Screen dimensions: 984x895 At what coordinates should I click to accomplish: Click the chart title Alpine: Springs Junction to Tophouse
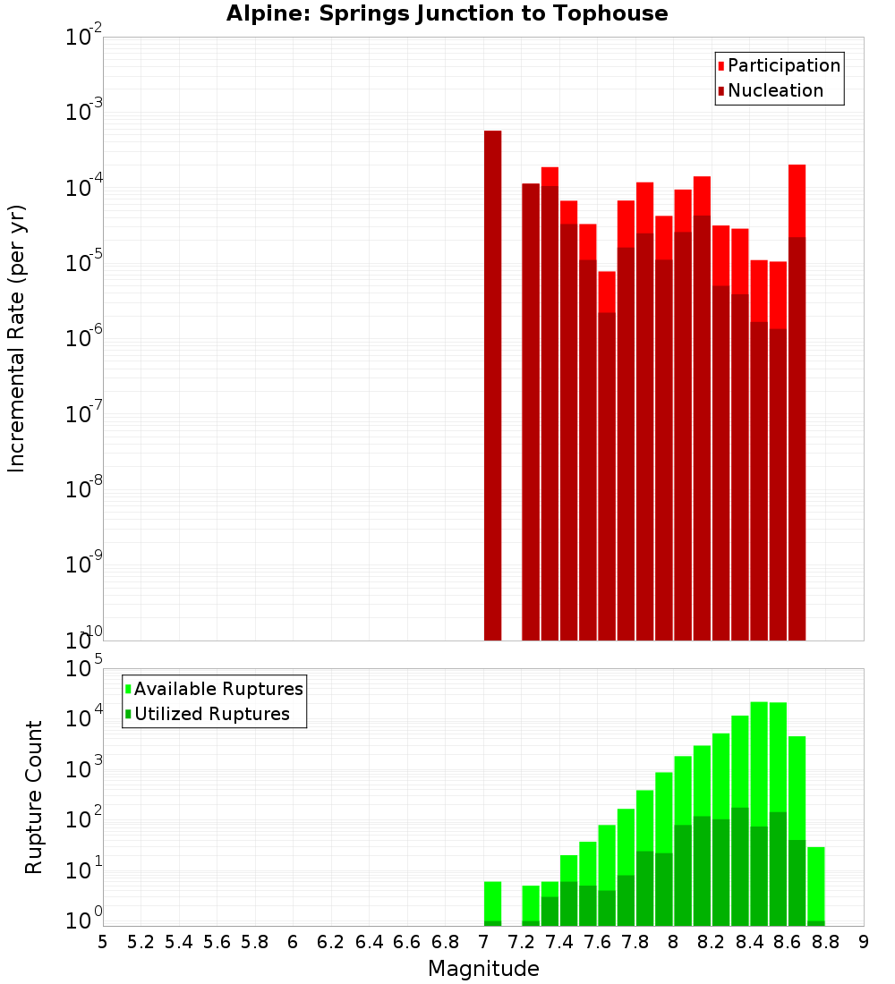tap(447, 13)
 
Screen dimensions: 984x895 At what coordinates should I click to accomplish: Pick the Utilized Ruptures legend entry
tap(211, 714)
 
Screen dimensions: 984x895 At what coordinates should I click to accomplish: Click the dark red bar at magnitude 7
tap(492, 385)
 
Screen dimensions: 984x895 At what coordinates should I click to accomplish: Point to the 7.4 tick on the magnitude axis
tap(559, 941)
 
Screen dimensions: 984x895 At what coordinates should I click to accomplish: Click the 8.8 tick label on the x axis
tap(825, 941)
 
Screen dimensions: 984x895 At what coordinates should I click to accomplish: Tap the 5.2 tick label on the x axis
tap(141, 941)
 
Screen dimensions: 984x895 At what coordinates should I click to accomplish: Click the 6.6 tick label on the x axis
tap(407, 941)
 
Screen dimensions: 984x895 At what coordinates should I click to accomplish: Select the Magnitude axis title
tap(483, 969)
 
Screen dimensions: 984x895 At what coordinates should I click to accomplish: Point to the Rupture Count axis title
tap(34, 796)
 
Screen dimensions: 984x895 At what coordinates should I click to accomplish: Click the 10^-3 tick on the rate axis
tap(84, 113)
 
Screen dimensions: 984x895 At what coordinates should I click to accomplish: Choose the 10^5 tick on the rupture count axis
tap(84, 669)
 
